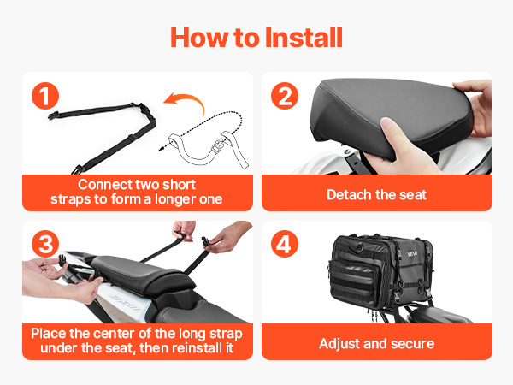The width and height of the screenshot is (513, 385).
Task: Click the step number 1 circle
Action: click(x=45, y=96)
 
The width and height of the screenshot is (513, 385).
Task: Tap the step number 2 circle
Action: click(x=285, y=96)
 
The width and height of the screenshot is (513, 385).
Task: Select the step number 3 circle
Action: click(x=45, y=244)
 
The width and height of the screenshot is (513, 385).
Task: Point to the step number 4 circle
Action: click(x=285, y=244)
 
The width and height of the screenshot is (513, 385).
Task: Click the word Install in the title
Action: click(x=304, y=38)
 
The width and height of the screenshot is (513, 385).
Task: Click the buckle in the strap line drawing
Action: click(x=216, y=145)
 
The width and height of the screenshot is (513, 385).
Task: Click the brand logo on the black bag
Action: click(x=412, y=254)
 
